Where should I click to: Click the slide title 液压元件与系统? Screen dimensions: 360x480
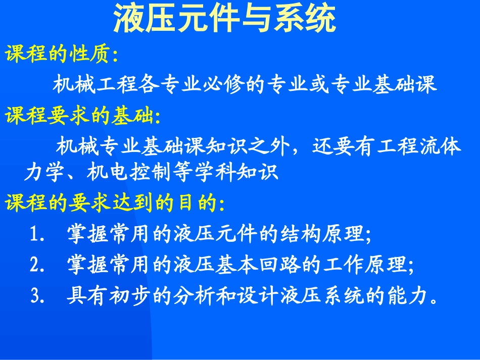tap(224, 20)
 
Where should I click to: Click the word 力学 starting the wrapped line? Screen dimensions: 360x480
tap(38, 173)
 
